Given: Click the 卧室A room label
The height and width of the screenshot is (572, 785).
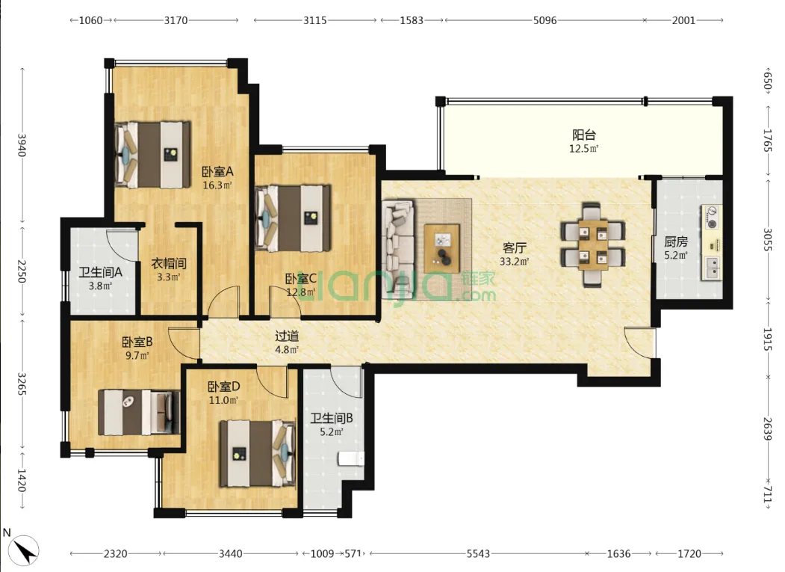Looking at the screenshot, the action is [217, 172].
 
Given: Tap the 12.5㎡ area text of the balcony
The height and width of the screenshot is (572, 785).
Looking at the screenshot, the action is [584, 148].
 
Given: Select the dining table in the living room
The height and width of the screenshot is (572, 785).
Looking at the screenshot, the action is [592, 245].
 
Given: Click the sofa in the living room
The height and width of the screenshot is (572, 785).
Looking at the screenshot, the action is [399, 249].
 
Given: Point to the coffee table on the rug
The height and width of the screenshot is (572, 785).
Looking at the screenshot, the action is [441, 247].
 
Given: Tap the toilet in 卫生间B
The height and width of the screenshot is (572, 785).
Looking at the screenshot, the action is [351, 458].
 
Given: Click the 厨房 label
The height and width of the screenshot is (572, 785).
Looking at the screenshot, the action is [676, 242].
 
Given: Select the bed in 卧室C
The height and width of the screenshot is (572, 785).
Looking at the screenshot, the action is [293, 218].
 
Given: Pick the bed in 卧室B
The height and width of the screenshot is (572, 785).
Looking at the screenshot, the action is [139, 412].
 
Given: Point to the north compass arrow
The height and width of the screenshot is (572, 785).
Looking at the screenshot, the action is [24, 550].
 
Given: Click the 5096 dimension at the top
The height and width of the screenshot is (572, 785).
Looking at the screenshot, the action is [544, 20].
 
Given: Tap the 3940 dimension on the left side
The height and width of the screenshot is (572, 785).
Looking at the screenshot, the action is [21, 144].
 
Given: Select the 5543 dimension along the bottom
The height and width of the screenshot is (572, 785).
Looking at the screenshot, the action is [478, 554].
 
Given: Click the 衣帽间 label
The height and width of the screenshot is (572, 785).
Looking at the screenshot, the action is [170, 263].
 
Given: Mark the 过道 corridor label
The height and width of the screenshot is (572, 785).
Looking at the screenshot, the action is [287, 336].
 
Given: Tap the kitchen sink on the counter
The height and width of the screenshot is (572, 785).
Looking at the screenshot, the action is [713, 268].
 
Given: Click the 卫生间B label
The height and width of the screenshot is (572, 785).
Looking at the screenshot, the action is [332, 418].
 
